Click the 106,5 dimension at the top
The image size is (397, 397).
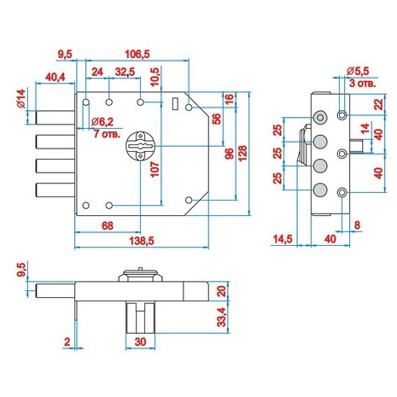137,54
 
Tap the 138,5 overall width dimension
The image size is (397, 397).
142,241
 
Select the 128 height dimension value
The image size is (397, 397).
242,153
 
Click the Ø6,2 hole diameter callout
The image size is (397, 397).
102,122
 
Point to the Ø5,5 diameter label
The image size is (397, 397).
358,71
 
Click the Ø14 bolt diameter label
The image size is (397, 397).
21,98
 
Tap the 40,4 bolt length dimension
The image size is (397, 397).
55,77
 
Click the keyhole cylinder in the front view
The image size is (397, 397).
140,146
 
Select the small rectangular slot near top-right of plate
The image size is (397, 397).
175,103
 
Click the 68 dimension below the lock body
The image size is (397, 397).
108,226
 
